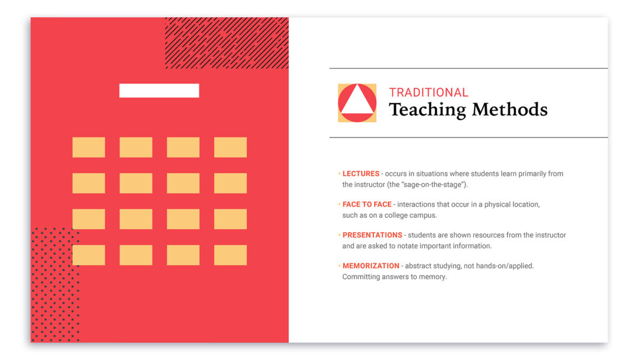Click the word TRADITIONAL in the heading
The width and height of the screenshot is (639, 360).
[x=428, y=92]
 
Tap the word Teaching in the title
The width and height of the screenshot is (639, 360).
[x=427, y=110]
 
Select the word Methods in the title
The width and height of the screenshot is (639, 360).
[x=509, y=110]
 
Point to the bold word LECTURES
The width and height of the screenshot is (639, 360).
[x=361, y=173]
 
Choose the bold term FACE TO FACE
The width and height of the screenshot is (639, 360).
[x=367, y=204]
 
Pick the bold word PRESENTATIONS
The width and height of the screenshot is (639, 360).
[x=372, y=235]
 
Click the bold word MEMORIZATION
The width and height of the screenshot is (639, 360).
[x=371, y=266]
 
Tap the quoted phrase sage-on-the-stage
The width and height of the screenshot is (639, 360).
[x=433, y=185]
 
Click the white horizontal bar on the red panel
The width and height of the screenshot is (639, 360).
[x=159, y=91]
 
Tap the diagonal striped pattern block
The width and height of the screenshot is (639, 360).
[x=227, y=43]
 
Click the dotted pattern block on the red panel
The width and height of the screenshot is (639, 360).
[x=55, y=285]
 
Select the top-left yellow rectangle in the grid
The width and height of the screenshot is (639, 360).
[x=88, y=147]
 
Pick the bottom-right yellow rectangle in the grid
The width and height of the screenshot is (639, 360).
[x=230, y=255]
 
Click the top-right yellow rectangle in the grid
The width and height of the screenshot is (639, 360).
[x=230, y=147]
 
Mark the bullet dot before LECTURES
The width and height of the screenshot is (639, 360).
[x=339, y=173]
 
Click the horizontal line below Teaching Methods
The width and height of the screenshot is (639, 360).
[x=469, y=137]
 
